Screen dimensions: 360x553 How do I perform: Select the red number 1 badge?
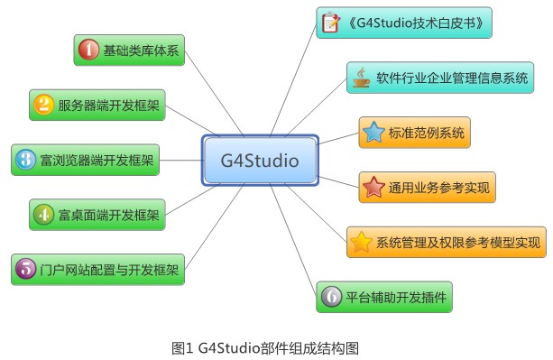(88, 51)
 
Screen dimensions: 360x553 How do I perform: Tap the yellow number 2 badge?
(43, 105)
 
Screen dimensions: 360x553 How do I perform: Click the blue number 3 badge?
(25, 161)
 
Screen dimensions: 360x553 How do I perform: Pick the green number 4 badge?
(43, 215)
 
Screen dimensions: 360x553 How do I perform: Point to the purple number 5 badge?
(25, 268)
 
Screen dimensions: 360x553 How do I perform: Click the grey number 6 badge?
(331, 296)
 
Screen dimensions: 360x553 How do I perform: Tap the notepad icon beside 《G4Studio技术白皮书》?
(331, 23)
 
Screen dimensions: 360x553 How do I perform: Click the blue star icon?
(373, 133)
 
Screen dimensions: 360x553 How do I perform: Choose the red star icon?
(373, 188)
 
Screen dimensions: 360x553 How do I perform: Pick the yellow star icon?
(361, 242)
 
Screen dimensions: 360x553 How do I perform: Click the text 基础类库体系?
(142, 51)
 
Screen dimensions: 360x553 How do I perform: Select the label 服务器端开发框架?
(109, 106)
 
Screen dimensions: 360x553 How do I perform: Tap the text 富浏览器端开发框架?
(97, 161)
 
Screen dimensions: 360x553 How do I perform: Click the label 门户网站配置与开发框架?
(109, 269)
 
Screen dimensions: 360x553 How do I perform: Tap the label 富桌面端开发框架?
(108, 215)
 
